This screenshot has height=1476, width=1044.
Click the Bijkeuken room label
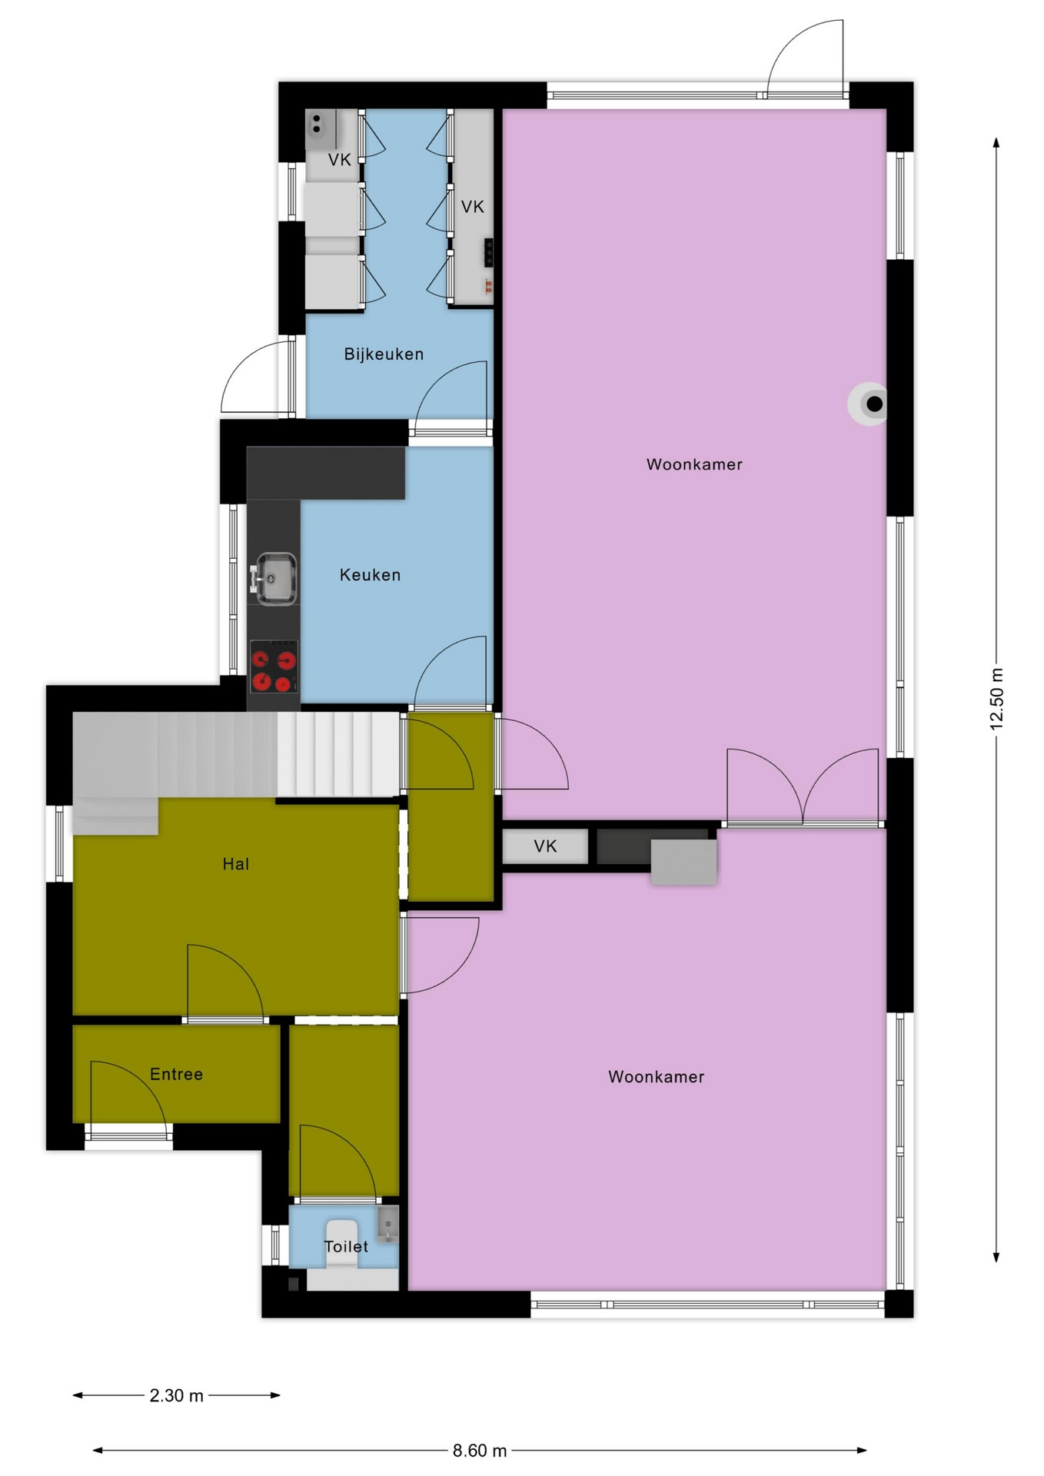pos(384,354)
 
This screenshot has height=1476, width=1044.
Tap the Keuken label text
pos(370,575)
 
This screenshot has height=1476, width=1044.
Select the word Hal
pos(236,864)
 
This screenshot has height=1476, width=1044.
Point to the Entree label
pos(176,1074)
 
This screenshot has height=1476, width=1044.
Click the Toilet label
pos(346,1246)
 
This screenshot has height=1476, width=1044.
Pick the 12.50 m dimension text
pos(996,699)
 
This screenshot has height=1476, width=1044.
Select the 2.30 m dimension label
pos(176,1395)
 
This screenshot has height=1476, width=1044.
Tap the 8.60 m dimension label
pos(480,1451)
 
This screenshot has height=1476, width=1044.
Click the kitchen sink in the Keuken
pos(274,578)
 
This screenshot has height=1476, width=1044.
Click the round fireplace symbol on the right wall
pos(869,404)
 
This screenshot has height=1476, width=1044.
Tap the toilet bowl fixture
pos(342,1238)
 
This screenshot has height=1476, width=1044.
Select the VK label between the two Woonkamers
pos(545,846)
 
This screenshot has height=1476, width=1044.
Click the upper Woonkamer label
pos(694,464)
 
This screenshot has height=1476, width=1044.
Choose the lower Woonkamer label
pos(656,1077)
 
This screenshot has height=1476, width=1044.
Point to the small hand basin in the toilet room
pos(387,1225)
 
